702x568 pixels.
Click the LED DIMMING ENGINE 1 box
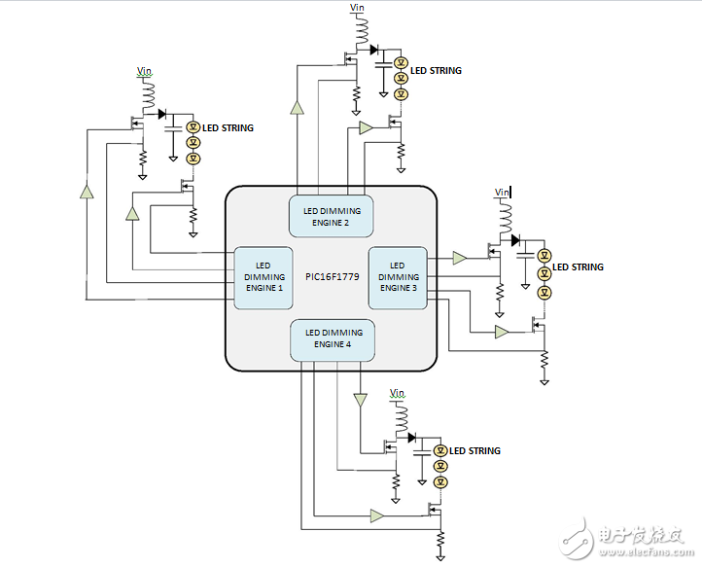click(263, 276)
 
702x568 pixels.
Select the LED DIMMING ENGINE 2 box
click(333, 216)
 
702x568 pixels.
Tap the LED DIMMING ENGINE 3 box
click(397, 276)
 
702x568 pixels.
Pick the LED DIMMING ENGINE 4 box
click(333, 337)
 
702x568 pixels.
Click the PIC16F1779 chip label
click(333, 277)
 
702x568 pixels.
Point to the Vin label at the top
click(358, 9)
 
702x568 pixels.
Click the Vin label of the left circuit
click(144, 71)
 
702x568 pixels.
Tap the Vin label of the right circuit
click(502, 192)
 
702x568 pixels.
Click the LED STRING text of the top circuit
click(436, 71)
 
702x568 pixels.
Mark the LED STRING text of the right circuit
click(578, 266)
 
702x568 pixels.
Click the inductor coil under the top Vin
click(365, 37)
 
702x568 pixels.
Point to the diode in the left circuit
click(162, 113)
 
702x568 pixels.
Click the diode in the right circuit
click(515, 239)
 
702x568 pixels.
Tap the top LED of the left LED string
click(193, 126)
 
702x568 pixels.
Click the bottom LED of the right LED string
click(544, 290)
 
